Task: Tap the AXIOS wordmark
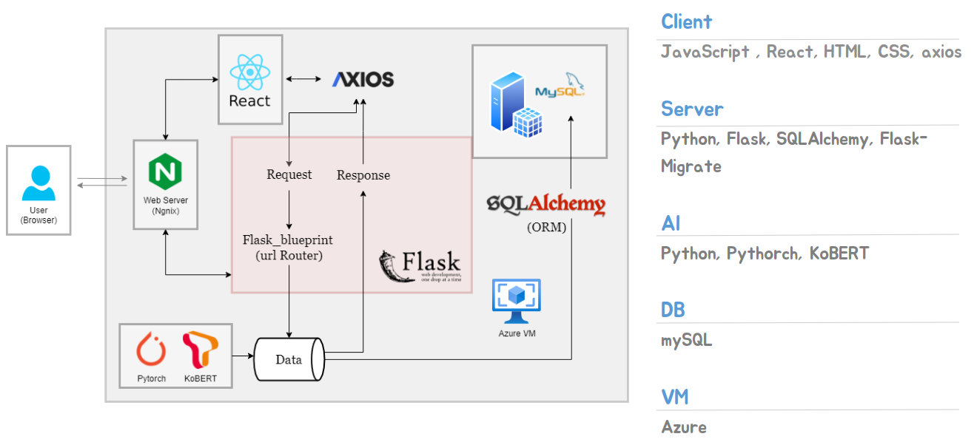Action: (x=363, y=80)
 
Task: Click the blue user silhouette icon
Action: (x=38, y=184)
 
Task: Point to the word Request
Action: (x=289, y=175)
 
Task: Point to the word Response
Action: (x=363, y=176)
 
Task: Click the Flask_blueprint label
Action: (x=288, y=240)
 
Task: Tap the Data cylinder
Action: (x=289, y=360)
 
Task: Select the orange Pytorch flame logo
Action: (x=151, y=350)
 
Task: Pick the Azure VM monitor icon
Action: (x=517, y=301)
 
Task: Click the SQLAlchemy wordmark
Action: (x=545, y=204)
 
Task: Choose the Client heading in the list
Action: (x=686, y=22)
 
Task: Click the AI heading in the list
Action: (x=671, y=223)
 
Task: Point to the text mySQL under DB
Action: (x=686, y=341)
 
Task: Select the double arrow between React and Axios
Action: (x=302, y=78)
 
